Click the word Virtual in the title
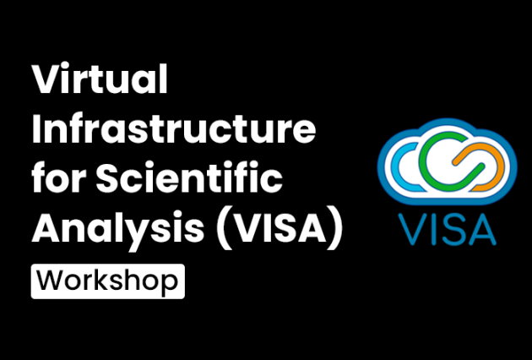pyautogui.click(x=100, y=82)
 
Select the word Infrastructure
pyautogui.click(x=174, y=131)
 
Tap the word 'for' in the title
pyautogui.click(x=58, y=179)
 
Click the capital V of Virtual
pyautogui.click(x=46, y=82)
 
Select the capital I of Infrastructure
pyautogui.click(x=36, y=131)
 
